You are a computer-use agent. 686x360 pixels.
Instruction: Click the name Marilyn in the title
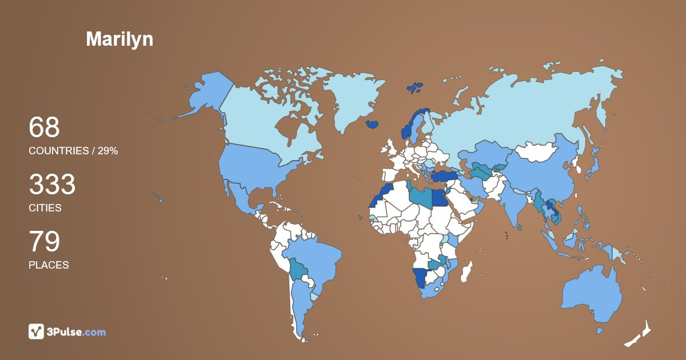pyautogui.click(x=119, y=39)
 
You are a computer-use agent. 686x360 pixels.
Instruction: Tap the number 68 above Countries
pyautogui.click(x=44, y=127)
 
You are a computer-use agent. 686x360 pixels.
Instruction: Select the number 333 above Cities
pyautogui.click(x=52, y=185)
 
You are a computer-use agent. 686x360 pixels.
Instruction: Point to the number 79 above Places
pyautogui.click(x=44, y=242)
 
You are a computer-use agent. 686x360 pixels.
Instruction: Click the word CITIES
pyautogui.click(x=45, y=208)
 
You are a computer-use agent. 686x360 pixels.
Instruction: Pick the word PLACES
pyautogui.click(x=49, y=265)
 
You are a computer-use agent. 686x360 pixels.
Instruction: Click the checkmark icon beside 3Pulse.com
pyautogui.click(x=37, y=331)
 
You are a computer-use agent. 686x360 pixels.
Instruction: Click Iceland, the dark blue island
pyautogui.click(x=373, y=124)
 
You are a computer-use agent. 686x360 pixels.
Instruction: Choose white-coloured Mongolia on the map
pyautogui.click(x=538, y=152)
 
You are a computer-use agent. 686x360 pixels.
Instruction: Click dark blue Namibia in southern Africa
pyautogui.click(x=421, y=278)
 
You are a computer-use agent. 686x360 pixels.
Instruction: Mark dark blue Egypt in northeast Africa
pyautogui.click(x=438, y=198)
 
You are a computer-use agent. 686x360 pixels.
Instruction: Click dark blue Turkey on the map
pyautogui.click(x=446, y=177)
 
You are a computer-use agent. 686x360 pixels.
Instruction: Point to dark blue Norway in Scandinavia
pyautogui.click(x=409, y=129)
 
